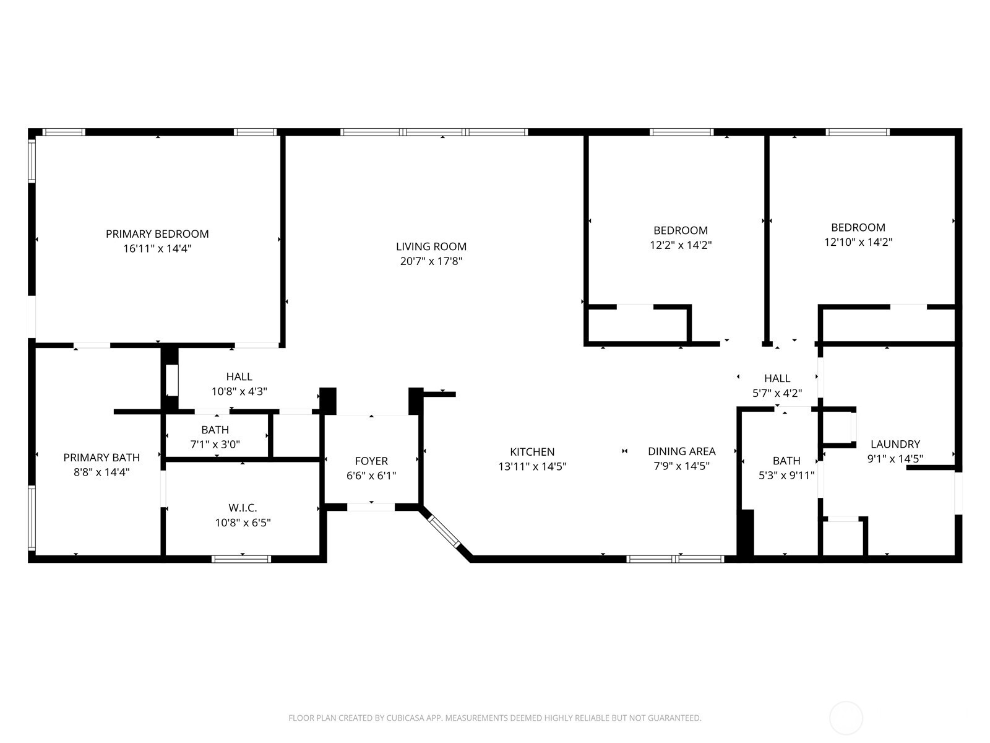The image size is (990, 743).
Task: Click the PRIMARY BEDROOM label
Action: pos(157,234)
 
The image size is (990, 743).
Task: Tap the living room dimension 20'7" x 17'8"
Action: pos(431,261)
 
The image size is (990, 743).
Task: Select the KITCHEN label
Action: pos(532,452)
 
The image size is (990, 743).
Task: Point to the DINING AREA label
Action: pos(681,451)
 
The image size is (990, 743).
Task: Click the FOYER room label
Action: pos(371,461)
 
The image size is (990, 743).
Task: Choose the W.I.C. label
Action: pos(243,508)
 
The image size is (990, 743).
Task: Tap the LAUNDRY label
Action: pos(895,444)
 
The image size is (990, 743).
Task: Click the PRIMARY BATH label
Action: pos(101,458)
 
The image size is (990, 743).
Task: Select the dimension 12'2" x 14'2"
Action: pos(681,245)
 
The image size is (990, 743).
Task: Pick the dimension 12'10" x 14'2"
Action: pos(858,242)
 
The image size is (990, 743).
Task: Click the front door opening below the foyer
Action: pos(371,507)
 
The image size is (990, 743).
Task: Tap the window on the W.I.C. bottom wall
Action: pos(241,559)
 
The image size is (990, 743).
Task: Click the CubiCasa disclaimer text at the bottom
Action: pos(494,718)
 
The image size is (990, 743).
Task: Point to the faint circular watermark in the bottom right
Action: pos(845,718)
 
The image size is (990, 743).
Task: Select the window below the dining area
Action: pos(674,559)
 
